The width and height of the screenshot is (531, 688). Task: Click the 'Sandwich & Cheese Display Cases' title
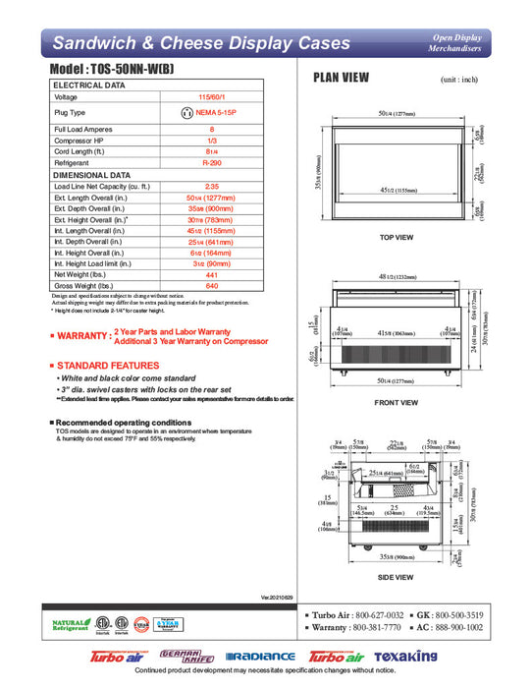[200, 43]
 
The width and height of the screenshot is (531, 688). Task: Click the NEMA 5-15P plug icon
[186, 113]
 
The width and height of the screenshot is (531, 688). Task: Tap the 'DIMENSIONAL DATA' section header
[91, 174]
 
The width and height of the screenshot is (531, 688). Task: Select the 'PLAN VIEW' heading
[342, 80]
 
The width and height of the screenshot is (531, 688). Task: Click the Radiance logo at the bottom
[260, 656]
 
